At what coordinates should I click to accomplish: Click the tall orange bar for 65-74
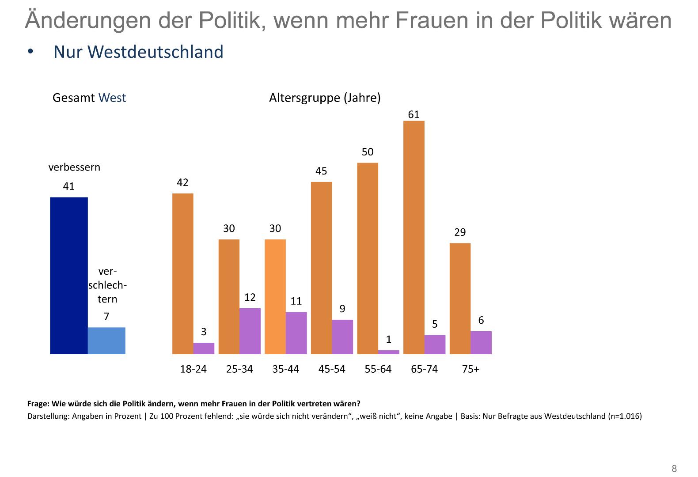click(x=414, y=237)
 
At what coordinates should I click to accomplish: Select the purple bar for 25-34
click(x=250, y=331)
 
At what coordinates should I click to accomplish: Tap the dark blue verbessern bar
click(x=69, y=276)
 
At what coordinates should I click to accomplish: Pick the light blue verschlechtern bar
click(x=106, y=341)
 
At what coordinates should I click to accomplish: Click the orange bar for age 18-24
click(x=182, y=273)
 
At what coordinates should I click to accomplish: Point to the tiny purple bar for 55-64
click(x=389, y=352)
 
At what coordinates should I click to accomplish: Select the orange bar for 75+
click(x=460, y=299)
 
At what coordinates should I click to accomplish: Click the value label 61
click(x=413, y=114)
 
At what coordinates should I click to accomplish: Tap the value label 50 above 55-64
click(x=368, y=152)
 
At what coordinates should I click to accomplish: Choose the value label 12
click(x=250, y=297)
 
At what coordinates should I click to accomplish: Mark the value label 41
click(x=69, y=186)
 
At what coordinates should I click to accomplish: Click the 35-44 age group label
click(x=285, y=369)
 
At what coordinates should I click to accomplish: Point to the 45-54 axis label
click(x=332, y=369)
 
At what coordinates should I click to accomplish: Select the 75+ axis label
click(x=470, y=369)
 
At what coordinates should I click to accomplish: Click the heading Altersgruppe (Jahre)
click(x=325, y=98)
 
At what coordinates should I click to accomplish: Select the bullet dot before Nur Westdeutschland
click(x=30, y=52)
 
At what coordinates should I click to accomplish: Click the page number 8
click(x=674, y=469)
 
